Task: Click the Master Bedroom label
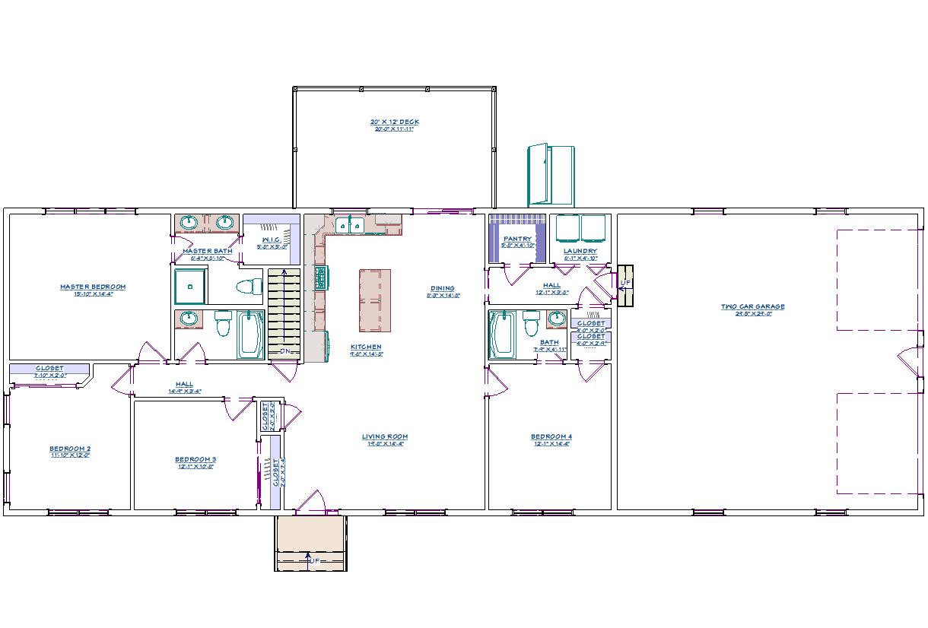point(93,287)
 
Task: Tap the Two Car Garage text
point(752,307)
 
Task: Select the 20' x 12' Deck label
point(394,122)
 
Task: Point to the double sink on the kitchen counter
point(350,225)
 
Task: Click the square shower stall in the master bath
point(190,285)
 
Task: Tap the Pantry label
point(517,239)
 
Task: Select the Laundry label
point(580,251)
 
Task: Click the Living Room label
point(385,436)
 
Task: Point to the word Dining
point(442,288)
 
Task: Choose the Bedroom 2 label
point(70,449)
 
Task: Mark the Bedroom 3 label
point(195,459)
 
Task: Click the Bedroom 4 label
point(551,436)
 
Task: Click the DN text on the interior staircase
point(285,351)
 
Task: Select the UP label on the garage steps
point(625,283)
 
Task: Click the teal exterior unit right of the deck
point(551,174)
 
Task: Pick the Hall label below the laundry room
point(551,285)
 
